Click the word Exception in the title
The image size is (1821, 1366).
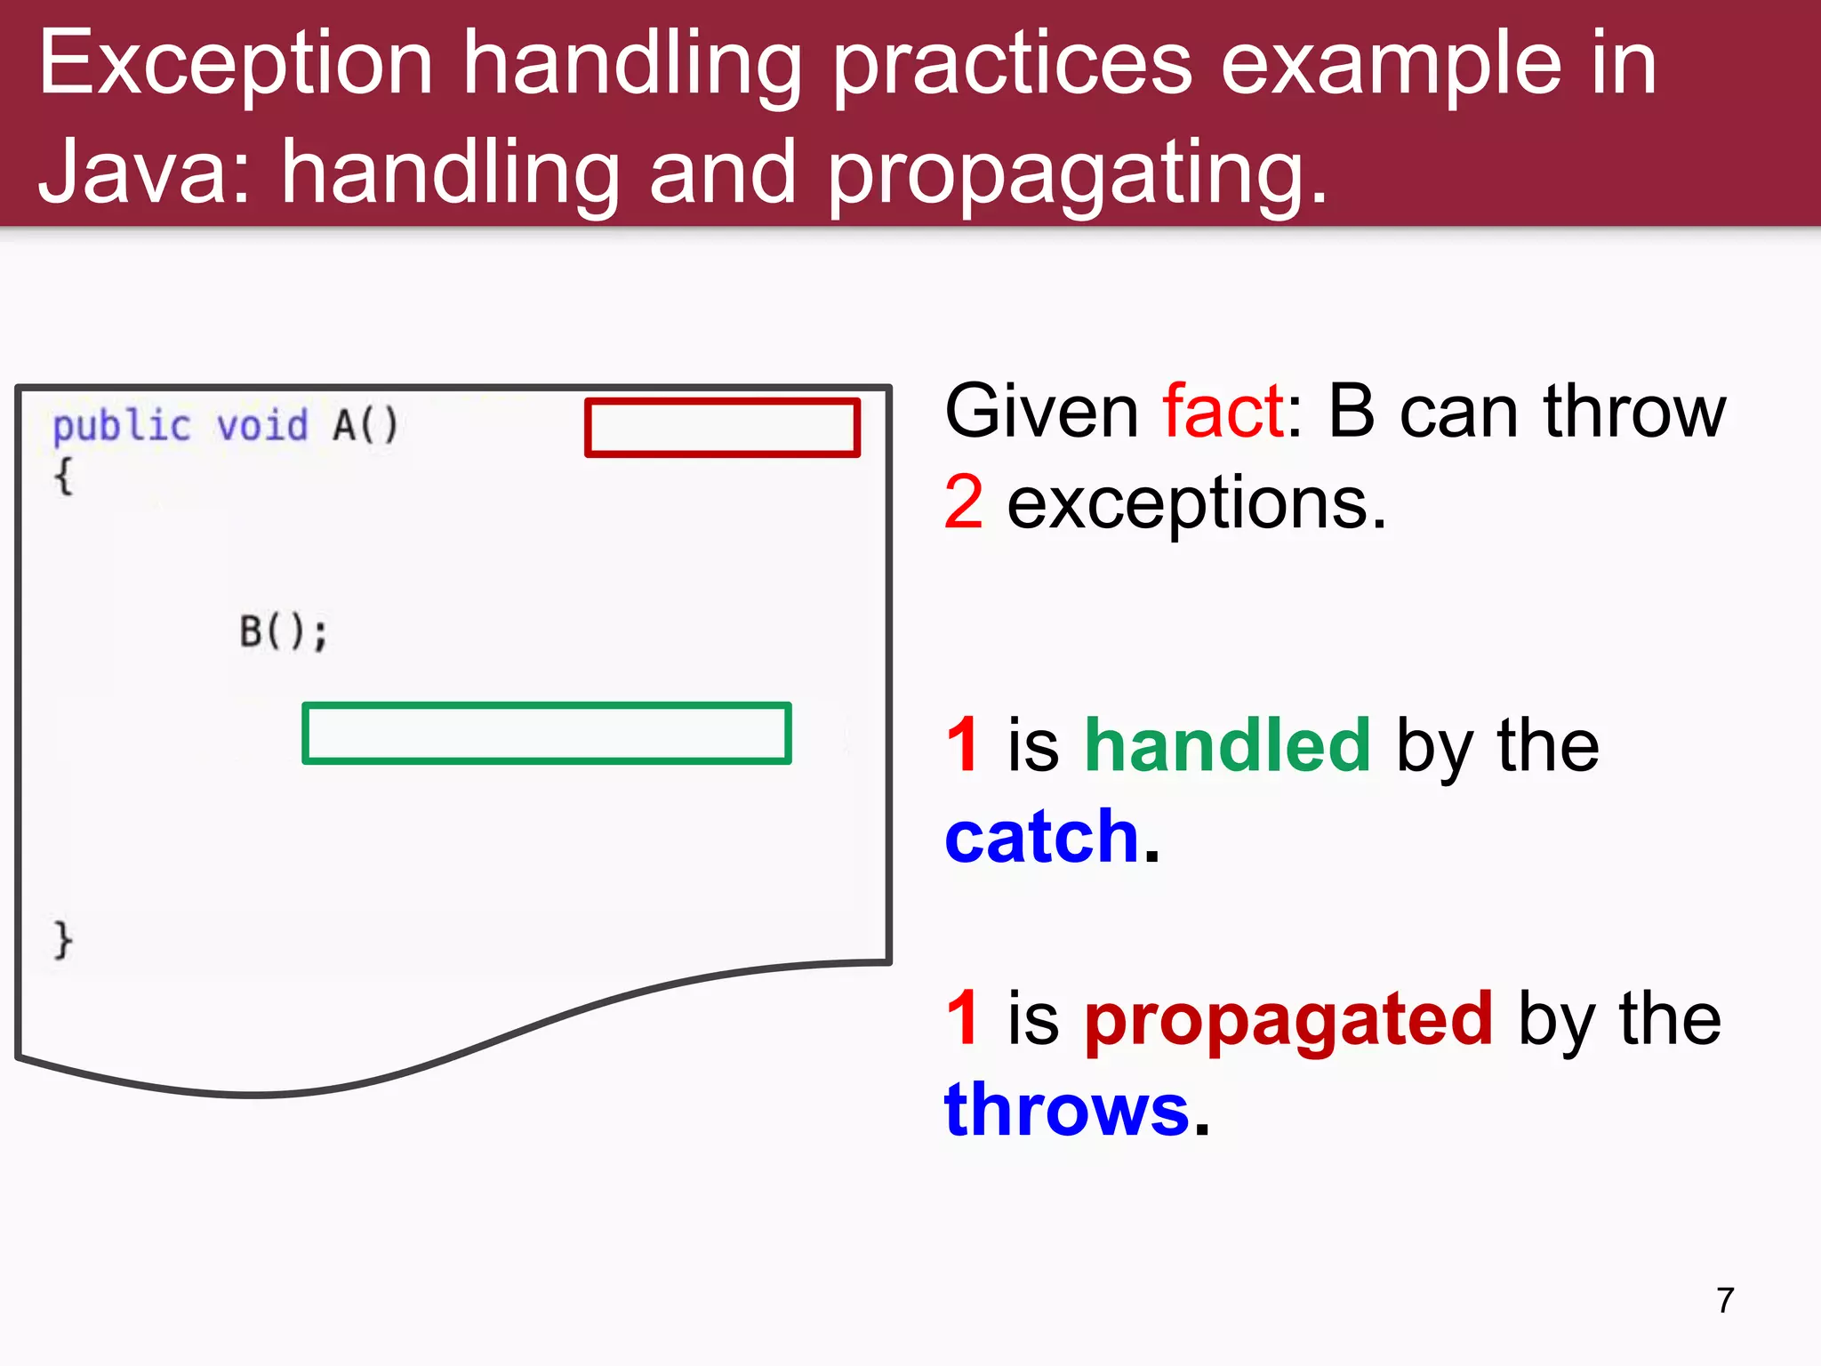coord(236,64)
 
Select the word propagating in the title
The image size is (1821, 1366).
coord(1077,174)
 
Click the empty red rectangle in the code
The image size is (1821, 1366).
coord(721,428)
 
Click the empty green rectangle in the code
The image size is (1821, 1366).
coord(546,734)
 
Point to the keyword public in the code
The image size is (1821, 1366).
coord(122,426)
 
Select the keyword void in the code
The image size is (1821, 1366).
coord(262,426)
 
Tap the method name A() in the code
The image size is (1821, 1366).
coord(365,425)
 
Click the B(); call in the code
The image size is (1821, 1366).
coord(284,632)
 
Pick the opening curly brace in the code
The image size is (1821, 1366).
coord(63,477)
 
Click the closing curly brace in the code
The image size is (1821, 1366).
coord(63,940)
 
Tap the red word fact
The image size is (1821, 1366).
coord(1223,411)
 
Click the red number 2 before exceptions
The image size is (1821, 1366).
coord(964,502)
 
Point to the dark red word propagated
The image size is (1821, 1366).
coord(1288,1019)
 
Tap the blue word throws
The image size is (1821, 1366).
coord(1066,1111)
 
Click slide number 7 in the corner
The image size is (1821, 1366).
coord(1725,1300)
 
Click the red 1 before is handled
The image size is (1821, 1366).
coord(963,745)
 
